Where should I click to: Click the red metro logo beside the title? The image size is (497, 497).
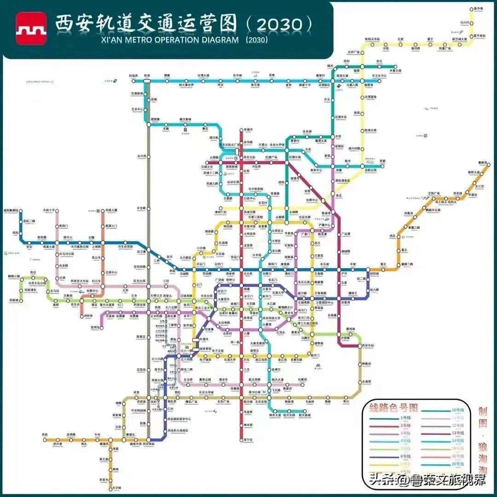pos(31,28)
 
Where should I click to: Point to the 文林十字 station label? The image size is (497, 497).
pos(49,210)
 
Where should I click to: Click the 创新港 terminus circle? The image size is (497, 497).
pos(21,300)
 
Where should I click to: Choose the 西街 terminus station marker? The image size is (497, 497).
pos(45,439)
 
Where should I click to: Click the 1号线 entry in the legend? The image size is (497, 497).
pos(405,417)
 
